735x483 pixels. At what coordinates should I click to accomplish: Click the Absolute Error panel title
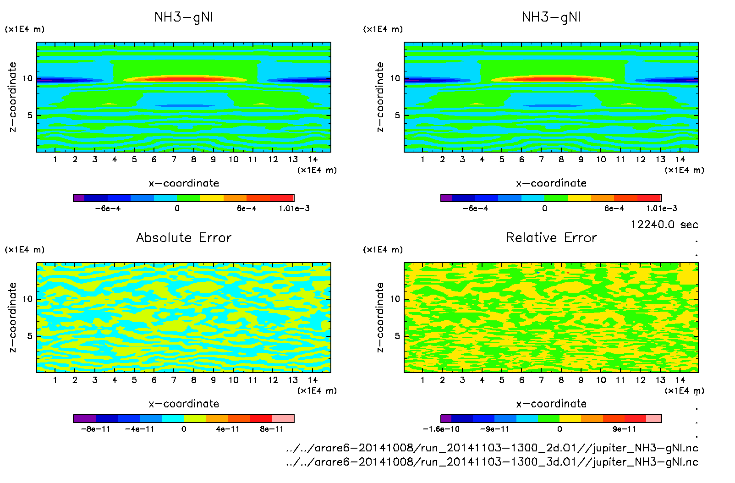click(x=184, y=238)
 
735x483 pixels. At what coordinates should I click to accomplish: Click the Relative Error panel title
click(x=551, y=238)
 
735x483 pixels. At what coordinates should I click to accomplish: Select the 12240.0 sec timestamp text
click(x=664, y=225)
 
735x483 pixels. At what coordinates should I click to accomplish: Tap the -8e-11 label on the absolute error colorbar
click(x=95, y=429)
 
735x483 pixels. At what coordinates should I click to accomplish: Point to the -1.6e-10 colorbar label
click(x=441, y=429)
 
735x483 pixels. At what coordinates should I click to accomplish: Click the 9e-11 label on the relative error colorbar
click(x=625, y=429)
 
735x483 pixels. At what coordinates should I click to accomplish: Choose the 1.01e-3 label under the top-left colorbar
click(x=294, y=209)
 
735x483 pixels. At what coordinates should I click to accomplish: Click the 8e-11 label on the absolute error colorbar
click(x=272, y=429)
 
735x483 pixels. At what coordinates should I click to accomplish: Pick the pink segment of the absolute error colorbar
click(x=283, y=418)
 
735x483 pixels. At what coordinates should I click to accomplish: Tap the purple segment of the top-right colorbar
click(x=446, y=198)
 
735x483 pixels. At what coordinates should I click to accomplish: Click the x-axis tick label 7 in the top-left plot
click(x=174, y=159)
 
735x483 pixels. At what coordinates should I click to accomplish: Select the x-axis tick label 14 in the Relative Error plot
click(x=680, y=380)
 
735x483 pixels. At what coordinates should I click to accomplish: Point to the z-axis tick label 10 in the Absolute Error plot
click(x=28, y=299)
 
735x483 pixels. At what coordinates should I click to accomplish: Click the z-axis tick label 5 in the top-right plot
click(x=397, y=115)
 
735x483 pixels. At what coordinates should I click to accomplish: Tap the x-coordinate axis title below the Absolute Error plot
click(x=184, y=404)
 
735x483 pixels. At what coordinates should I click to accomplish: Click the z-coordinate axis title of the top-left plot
click(x=13, y=97)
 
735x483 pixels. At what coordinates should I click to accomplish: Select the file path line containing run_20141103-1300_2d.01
click(x=492, y=448)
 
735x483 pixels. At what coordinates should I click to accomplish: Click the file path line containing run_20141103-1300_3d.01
click(x=492, y=462)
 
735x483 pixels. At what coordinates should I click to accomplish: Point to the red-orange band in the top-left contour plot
click(x=183, y=79)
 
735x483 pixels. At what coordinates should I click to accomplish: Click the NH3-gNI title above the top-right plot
click(x=551, y=17)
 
